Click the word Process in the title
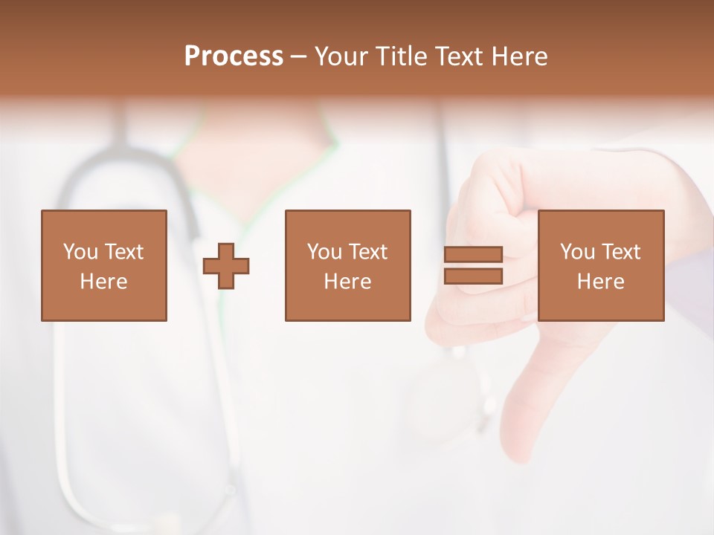(x=234, y=56)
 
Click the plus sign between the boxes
(x=226, y=266)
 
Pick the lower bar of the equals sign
(x=473, y=276)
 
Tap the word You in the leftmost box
(x=80, y=252)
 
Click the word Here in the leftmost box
(x=103, y=282)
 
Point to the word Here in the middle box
(x=347, y=282)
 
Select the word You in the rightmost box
(x=577, y=252)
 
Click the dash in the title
(x=298, y=57)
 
